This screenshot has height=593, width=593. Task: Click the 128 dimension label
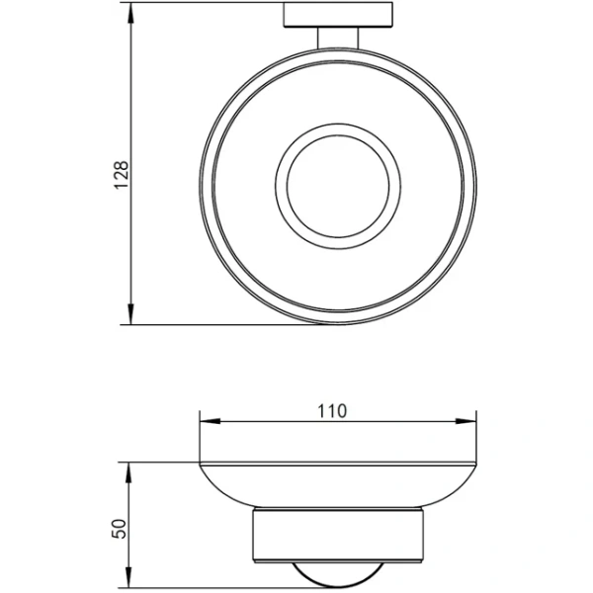click(x=122, y=175)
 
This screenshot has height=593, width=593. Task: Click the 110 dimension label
click(x=332, y=411)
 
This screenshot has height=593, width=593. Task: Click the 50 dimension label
click(x=119, y=529)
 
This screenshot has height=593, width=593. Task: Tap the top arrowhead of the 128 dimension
click(x=130, y=13)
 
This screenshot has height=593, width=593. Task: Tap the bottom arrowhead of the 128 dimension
click(x=130, y=313)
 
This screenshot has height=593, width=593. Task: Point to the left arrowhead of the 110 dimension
click(x=210, y=421)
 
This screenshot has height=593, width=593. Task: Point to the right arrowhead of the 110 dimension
click(x=466, y=421)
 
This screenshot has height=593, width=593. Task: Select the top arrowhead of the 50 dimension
click(x=129, y=472)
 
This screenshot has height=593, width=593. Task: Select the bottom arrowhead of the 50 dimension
click(x=129, y=577)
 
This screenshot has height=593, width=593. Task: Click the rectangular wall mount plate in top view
click(x=338, y=15)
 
